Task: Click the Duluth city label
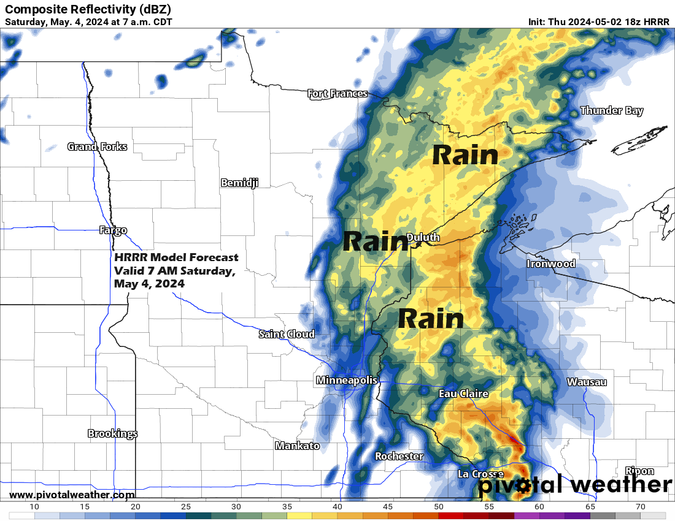[423, 237]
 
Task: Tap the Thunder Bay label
[612, 111]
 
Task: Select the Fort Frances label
[337, 94]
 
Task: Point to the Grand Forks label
[97, 146]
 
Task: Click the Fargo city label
[113, 230]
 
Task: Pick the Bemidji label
[239, 183]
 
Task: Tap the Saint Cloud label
[287, 334]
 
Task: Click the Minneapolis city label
[347, 381]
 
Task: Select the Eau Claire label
[463, 394]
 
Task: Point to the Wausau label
[587, 382]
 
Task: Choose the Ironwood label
[551, 264]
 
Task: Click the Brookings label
[112, 433]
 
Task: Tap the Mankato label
[297, 446]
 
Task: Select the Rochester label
[399, 456]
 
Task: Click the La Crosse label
[481, 474]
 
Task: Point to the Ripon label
[639, 471]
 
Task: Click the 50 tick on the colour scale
[439, 507]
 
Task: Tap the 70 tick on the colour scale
[640, 507]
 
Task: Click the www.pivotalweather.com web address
[72, 495]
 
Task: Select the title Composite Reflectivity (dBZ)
[88, 9]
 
